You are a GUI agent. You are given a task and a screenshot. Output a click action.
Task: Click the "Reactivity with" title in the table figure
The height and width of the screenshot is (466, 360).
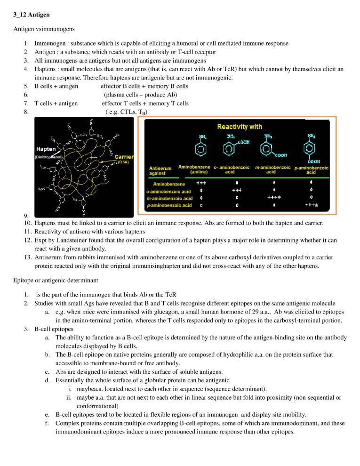coord(239,127)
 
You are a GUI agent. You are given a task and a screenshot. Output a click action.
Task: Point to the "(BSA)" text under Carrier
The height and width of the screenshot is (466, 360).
coord(124,162)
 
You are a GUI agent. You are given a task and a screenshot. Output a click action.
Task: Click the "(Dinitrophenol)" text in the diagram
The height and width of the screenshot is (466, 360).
coord(47,157)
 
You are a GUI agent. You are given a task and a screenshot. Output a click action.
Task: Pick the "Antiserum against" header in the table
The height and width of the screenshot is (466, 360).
coord(160,170)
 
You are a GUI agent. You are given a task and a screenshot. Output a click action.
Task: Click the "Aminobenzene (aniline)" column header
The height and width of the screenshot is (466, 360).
coord(194,169)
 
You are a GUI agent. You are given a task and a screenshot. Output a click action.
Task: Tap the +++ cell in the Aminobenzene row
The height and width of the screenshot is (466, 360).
coord(201,184)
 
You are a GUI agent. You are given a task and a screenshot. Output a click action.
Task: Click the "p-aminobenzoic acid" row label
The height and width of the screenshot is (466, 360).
coord(168,206)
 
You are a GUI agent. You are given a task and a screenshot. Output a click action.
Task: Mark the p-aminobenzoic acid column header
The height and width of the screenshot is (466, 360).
coord(311,170)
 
